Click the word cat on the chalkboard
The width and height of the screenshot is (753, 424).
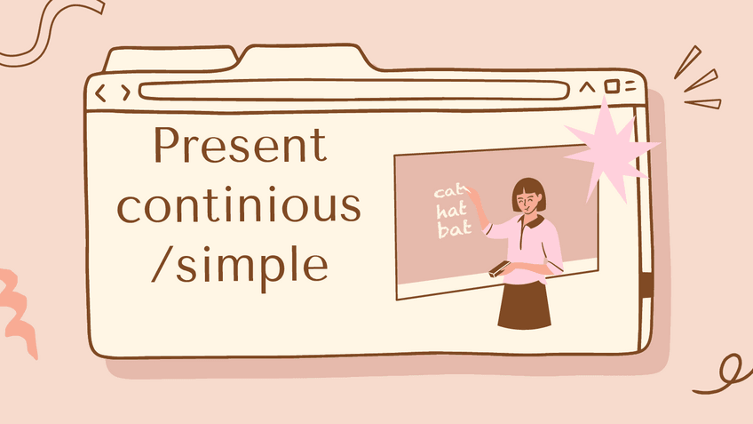point(449,191)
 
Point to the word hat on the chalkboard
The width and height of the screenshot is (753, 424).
point(451,211)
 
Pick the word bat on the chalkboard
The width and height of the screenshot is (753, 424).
point(454,228)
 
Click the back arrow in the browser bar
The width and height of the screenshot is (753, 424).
point(100,92)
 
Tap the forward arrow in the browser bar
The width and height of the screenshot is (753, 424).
point(126,92)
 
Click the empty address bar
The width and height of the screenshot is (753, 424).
point(354,91)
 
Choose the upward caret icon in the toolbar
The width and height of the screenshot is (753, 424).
point(586,87)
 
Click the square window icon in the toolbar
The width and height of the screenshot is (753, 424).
point(611,86)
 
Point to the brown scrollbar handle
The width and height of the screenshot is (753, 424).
point(646,285)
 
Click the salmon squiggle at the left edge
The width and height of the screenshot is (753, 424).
point(19,313)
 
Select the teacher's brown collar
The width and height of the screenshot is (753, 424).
point(533,221)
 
